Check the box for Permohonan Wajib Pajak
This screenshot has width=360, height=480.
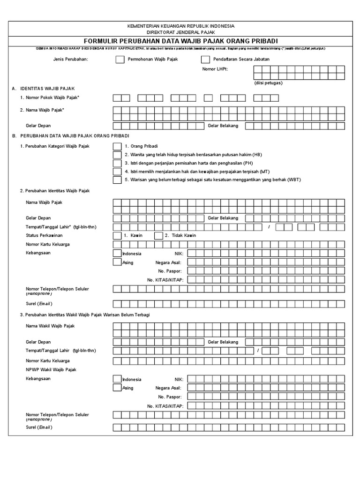pos(120,60)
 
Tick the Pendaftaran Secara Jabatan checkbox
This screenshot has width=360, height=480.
pos(205,60)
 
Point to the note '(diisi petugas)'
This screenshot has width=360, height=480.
pos(269,82)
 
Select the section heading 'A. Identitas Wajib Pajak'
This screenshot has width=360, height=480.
pos(43,88)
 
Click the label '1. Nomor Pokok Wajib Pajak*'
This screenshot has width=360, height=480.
pos(50,98)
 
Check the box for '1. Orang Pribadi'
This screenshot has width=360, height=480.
pos(117,146)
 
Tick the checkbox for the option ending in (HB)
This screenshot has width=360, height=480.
pos(117,155)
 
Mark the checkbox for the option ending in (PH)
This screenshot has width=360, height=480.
pos(117,163)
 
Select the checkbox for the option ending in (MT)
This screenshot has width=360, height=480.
pos(117,172)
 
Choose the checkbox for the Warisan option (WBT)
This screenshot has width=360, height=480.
pos(117,180)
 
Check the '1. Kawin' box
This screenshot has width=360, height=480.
pos(117,235)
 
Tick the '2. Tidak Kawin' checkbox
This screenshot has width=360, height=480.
pos(158,235)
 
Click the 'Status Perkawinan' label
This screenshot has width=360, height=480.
pos(44,235)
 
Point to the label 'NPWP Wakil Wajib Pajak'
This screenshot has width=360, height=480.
pos(51,370)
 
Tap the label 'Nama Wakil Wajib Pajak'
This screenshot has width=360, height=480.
pos(50,326)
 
